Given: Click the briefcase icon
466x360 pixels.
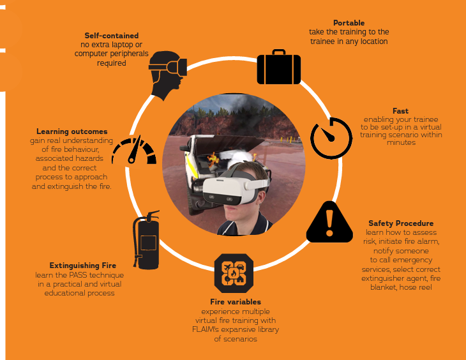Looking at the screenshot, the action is pos(279,67).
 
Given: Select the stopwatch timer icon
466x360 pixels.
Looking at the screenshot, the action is pos(331,138).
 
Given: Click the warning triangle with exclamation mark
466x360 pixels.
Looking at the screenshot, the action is pos(329,221).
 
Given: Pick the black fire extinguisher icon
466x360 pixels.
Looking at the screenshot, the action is pos(147,240).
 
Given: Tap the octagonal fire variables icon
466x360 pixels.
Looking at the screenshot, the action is pos(234,273).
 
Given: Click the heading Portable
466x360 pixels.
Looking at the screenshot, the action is pos(349,23).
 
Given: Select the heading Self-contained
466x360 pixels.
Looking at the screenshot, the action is pos(112,36).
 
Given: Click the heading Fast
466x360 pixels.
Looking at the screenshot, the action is pos(401,111).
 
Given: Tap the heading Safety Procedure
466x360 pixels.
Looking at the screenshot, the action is pos(401,223).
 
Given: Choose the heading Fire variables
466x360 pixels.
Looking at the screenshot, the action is pos(236,302).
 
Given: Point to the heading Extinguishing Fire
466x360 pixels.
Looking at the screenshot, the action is pos(83,266).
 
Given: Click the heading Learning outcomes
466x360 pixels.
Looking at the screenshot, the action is pos(72,131).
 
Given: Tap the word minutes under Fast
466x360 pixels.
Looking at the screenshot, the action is pos(402,142).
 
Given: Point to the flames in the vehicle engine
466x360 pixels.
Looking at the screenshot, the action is pos(213,159).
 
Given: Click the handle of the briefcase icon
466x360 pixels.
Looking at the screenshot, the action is pos(279,52).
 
